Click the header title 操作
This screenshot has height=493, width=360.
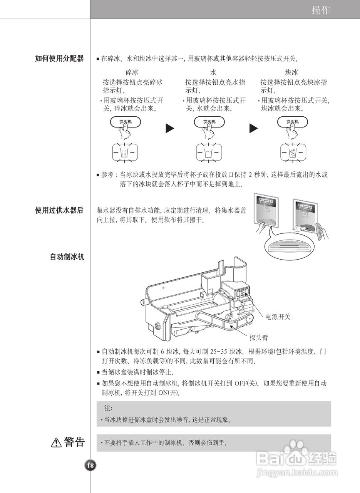point(321,10)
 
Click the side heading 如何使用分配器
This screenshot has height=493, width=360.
point(59,59)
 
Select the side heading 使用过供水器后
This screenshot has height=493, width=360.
point(59,210)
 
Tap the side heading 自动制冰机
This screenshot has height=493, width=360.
point(67,257)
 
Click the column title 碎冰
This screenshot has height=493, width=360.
point(132,72)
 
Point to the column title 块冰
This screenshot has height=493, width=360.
point(291,72)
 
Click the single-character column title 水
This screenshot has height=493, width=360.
point(213,72)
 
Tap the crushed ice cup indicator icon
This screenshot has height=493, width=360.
point(124,153)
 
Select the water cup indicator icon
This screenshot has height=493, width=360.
point(209,153)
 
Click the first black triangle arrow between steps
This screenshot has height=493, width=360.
point(170,128)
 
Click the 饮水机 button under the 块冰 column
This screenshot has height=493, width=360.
point(293,122)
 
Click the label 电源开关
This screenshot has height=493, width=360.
point(278,317)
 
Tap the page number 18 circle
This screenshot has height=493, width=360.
point(90,465)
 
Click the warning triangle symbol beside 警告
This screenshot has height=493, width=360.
point(56,443)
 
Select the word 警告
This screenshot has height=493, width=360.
point(74,442)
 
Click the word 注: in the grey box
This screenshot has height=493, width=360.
point(108,407)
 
